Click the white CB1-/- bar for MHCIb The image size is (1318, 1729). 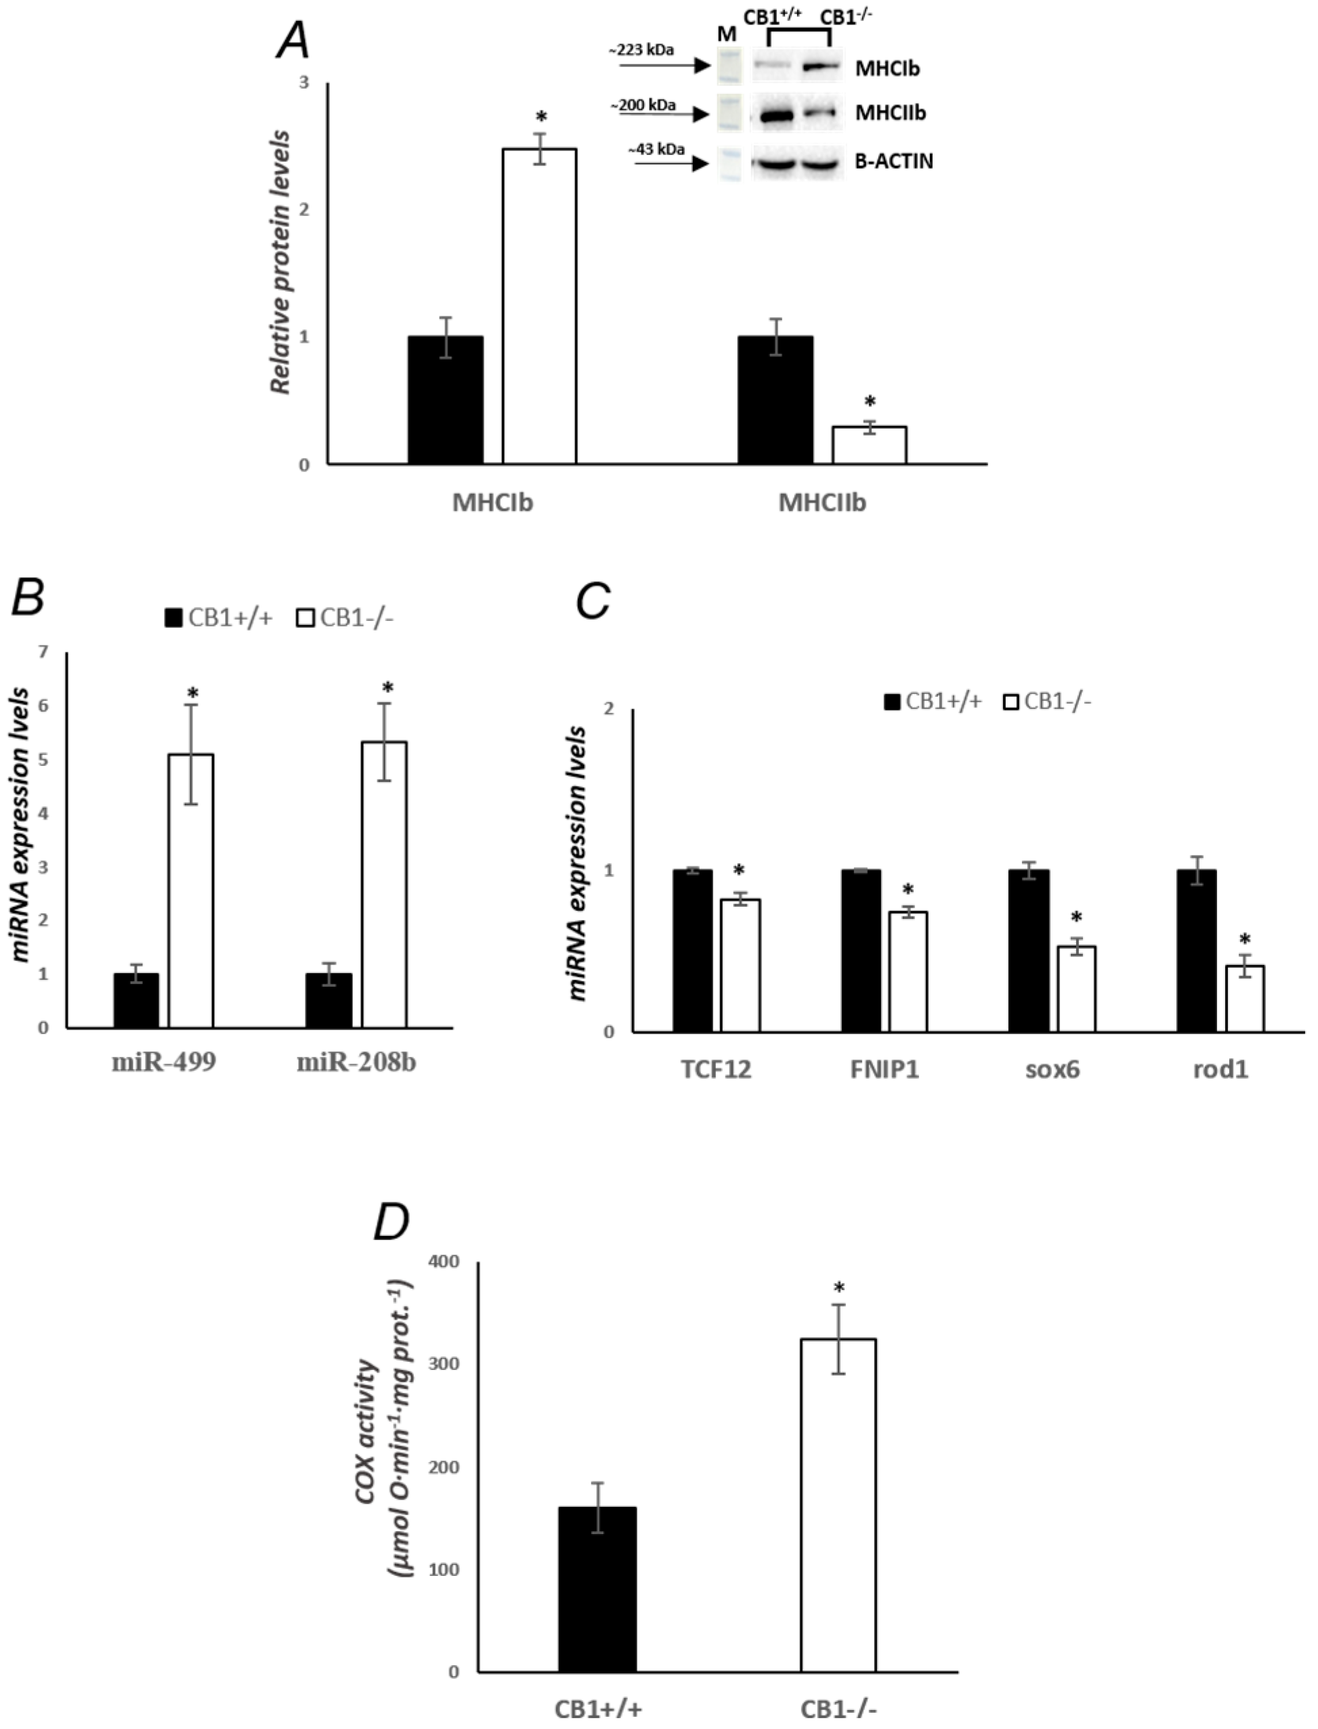[x=540, y=306]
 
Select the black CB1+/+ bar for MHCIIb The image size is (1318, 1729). [x=775, y=400]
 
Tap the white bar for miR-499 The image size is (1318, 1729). [x=192, y=891]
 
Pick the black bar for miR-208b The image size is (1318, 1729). [x=328, y=1000]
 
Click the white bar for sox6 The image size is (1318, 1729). [x=1076, y=989]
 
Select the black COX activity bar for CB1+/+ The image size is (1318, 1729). [x=597, y=1589]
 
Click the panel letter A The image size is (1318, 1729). [x=293, y=41]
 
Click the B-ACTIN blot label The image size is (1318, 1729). [x=894, y=162]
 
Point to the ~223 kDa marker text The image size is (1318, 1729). [x=640, y=50]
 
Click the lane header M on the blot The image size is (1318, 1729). [x=727, y=35]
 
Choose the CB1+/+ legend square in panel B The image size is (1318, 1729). [x=173, y=618]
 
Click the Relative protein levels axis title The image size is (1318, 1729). [x=280, y=263]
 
